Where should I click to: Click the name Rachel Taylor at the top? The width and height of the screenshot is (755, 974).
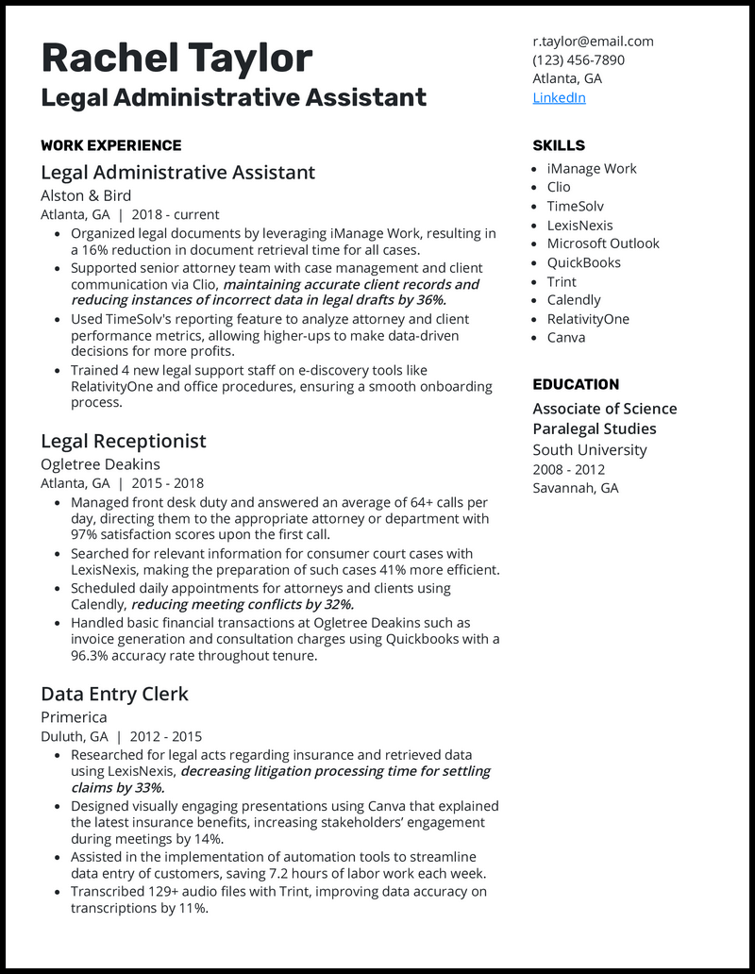tap(176, 59)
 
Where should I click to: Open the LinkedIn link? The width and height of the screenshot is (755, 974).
tap(559, 97)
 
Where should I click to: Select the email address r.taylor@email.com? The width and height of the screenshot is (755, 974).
tap(593, 41)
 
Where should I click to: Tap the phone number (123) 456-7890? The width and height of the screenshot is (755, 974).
tap(579, 59)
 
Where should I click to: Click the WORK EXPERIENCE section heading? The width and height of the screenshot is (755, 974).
tap(111, 145)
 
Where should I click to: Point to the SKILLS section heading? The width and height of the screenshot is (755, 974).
tap(559, 145)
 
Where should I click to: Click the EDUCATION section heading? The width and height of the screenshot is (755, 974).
tap(576, 384)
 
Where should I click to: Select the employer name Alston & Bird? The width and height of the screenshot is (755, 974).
tap(86, 195)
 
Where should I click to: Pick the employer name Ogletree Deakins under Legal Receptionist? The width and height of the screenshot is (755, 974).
tap(100, 464)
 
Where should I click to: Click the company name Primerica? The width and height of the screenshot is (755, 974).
tap(74, 717)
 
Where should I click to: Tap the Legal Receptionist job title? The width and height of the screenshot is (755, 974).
tap(124, 441)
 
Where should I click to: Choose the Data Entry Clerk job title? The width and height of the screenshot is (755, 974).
tap(114, 694)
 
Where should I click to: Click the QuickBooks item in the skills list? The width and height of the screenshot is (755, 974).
tap(583, 262)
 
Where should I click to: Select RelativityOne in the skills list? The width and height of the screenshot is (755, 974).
tap(588, 319)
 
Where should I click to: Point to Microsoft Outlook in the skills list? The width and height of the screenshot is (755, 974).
tap(603, 243)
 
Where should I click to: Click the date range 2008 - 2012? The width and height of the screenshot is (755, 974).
tap(569, 469)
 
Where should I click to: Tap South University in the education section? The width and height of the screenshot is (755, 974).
tap(590, 450)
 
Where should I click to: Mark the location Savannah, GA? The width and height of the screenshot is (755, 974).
tap(576, 488)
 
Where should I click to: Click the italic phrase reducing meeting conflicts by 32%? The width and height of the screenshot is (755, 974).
tap(243, 604)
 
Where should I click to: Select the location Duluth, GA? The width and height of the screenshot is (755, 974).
tap(74, 736)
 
